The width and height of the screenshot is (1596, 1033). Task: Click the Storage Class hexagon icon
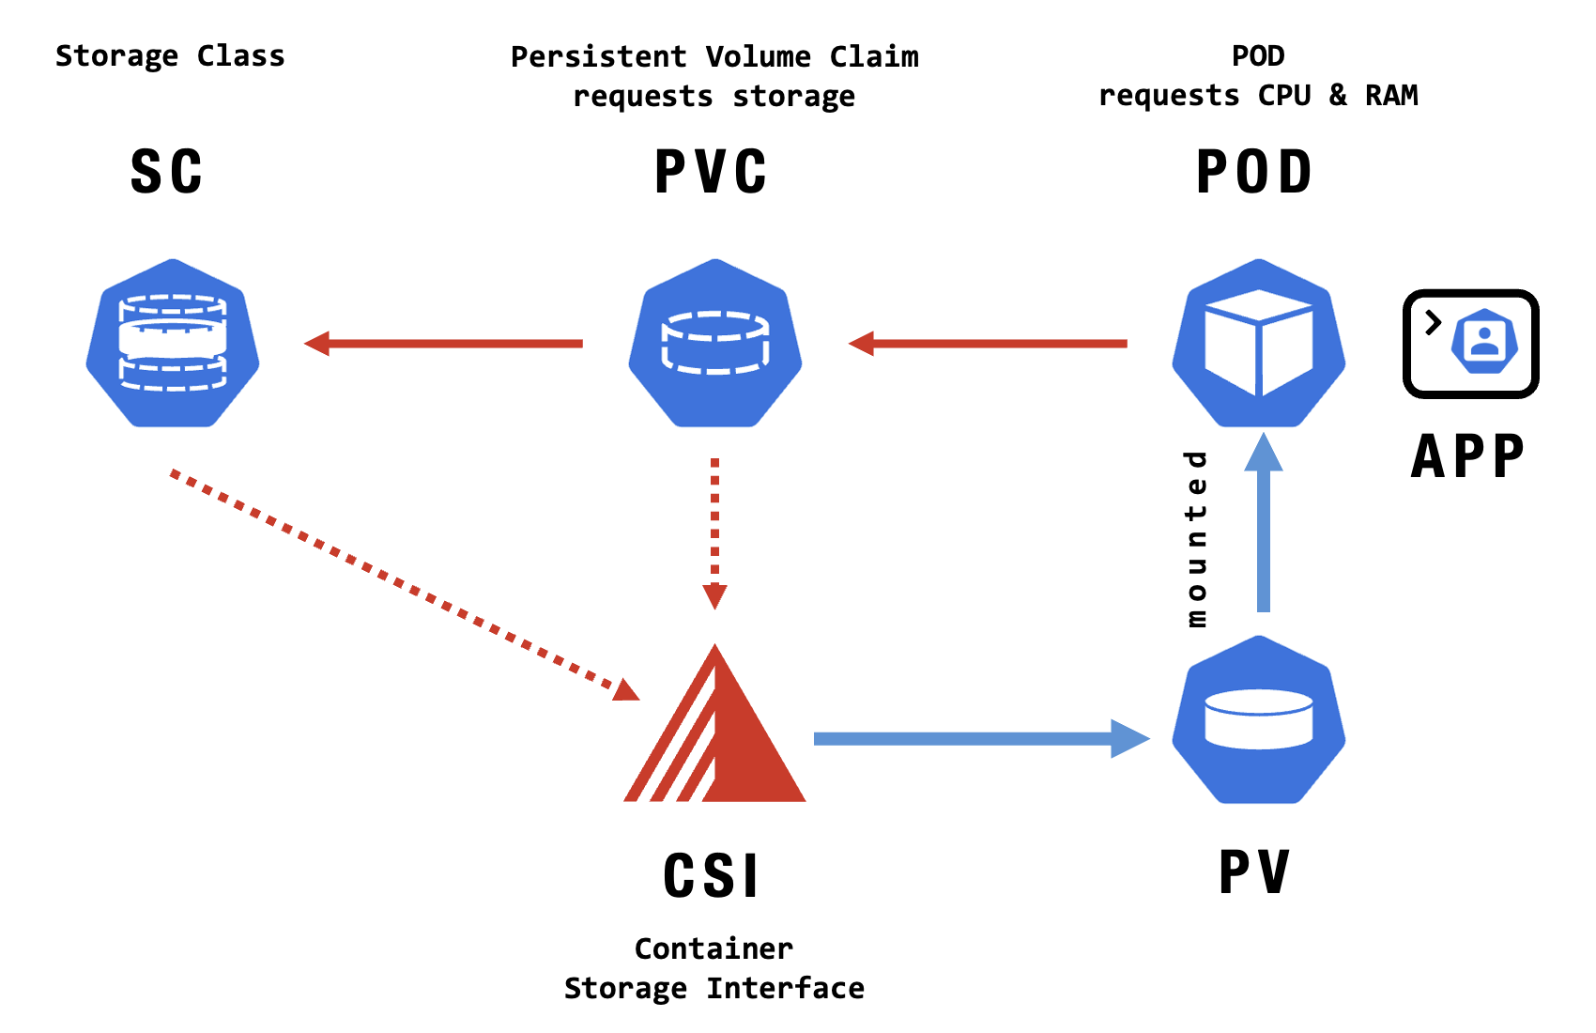(173, 344)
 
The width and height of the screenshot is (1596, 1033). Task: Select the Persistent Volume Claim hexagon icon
(715, 344)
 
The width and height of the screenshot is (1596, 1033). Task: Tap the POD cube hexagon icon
(1259, 344)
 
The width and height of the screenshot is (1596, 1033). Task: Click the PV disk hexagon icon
(1259, 720)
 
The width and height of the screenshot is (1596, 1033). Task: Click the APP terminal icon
(1470, 344)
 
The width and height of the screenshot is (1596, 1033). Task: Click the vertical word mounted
(1196, 539)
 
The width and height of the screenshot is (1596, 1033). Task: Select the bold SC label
(166, 173)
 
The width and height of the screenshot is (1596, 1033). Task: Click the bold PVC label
(711, 173)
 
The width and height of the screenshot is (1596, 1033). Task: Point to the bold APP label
(1468, 457)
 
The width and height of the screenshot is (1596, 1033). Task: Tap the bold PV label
(1254, 872)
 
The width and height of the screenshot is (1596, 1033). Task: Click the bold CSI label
(712, 876)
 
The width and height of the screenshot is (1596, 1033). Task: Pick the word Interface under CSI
(786, 989)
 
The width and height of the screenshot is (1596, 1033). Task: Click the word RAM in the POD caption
(1391, 96)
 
